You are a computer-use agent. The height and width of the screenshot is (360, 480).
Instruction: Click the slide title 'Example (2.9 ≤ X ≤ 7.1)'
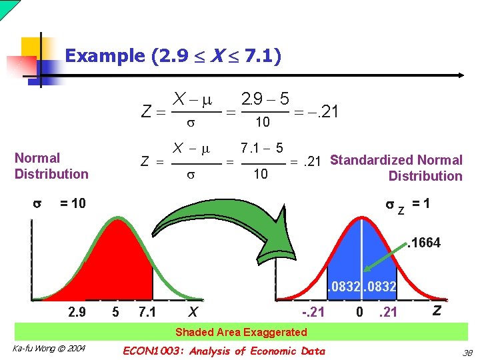[x=173, y=56]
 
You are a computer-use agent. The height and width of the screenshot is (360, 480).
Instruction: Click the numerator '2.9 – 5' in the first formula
[x=265, y=99]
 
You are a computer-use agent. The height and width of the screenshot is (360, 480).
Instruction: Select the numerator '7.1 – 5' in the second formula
[x=261, y=147]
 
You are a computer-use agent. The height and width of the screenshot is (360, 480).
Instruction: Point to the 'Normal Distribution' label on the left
[x=51, y=166]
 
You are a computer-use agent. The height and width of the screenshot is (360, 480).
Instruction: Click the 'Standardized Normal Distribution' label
[x=397, y=168]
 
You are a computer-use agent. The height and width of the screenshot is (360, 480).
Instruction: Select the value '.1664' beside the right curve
[x=424, y=243]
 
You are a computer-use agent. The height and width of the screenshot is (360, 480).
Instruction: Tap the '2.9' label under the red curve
[x=77, y=312]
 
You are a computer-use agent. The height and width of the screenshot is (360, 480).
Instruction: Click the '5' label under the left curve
[x=115, y=312]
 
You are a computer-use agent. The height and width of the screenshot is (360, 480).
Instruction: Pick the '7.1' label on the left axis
[x=147, y=312]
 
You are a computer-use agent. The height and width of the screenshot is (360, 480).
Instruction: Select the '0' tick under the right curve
[x=360, y=312]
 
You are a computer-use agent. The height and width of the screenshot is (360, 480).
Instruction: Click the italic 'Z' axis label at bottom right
[x=436, y=310]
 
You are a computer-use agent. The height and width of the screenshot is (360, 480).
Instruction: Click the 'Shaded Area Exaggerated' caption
[x=241, y=332]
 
